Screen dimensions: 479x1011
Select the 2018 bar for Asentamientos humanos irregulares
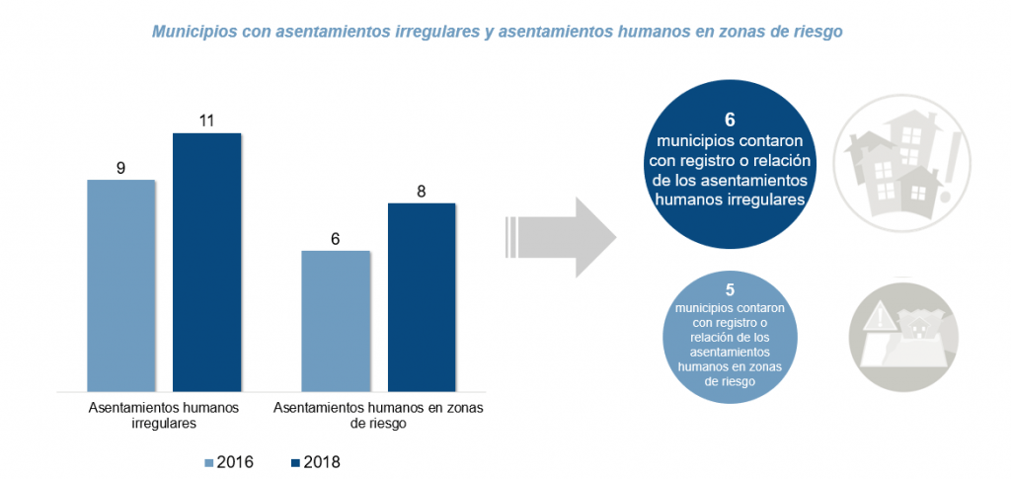tap(206, 261)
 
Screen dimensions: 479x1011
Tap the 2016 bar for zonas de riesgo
tap(336, 320)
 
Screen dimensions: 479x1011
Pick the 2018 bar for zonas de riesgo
tap(422, 296)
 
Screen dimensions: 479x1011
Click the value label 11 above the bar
tap(206, 121)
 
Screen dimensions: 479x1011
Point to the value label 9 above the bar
tap(120, 168)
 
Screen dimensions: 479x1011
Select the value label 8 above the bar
tap(422, 192)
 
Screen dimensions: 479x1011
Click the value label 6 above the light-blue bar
tap(336, 239)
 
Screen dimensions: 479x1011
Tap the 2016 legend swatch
tap(208, 462)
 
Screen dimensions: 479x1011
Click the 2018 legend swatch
tap(295, 462)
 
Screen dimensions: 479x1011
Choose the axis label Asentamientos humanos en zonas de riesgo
tap(379, 415)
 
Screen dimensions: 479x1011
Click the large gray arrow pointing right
tap(563, 237)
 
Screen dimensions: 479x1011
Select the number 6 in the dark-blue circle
tap(730, 120)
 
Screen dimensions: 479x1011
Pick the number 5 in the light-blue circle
tap(730, 290)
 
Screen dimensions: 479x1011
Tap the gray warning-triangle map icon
tap(902, 331)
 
